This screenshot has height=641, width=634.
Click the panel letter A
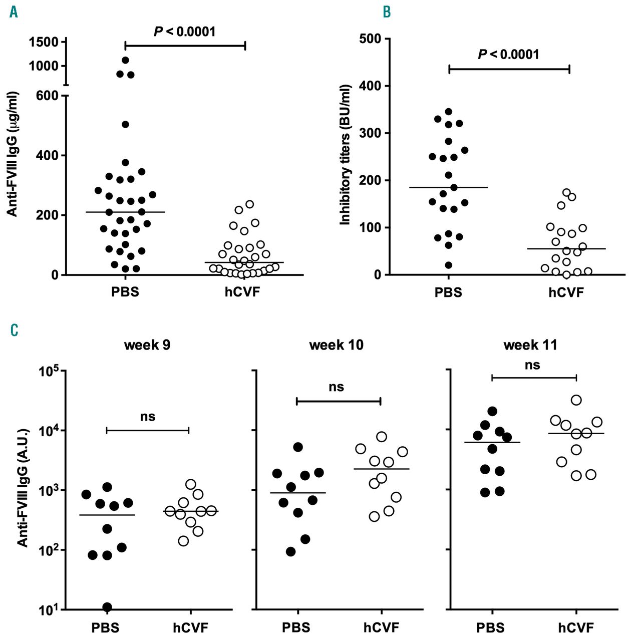point(14,12)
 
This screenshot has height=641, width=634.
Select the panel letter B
point(387,12)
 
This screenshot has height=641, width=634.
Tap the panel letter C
point(14,331)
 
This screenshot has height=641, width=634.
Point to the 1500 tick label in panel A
point(44,42)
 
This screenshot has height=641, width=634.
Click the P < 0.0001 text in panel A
point(184,32)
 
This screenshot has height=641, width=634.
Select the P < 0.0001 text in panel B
point(508,55)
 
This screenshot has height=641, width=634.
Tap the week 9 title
point(147,345)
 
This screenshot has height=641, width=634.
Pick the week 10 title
point(336,345)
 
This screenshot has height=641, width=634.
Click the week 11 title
point(530,345)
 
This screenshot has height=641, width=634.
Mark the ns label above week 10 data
point(337,387)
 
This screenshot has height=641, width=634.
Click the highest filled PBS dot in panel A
point(125,60)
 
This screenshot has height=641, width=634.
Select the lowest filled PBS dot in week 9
point(107,607)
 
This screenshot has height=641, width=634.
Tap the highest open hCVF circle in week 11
point(576,400)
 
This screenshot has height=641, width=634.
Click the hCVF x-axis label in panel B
point(566,292)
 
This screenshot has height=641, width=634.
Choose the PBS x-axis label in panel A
point(125,292)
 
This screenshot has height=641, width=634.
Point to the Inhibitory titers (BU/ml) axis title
point(345,154)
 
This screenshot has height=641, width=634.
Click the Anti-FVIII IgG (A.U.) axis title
point(22,487)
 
